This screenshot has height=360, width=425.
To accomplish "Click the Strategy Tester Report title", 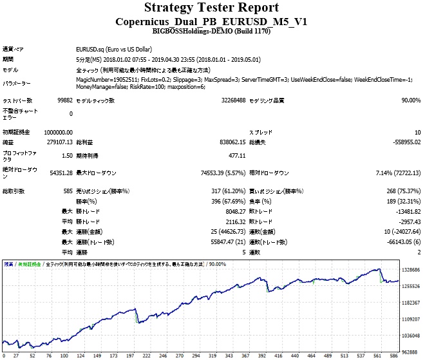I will (x=211, y=8).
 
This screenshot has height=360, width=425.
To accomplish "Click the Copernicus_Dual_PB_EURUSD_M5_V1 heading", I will (x=211, y=21).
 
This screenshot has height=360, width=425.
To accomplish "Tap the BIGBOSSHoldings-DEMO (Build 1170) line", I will (x=211, y=31).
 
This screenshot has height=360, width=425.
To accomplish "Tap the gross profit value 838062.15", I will (x=229, y=142).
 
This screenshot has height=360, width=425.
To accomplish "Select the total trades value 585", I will (x=66, y=191).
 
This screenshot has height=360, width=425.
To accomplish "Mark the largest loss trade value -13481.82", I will (x=404, y=211).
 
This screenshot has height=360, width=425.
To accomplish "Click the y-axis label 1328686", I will (x=410, y=270).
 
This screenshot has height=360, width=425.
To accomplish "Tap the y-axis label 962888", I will (x=411, y=352).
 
